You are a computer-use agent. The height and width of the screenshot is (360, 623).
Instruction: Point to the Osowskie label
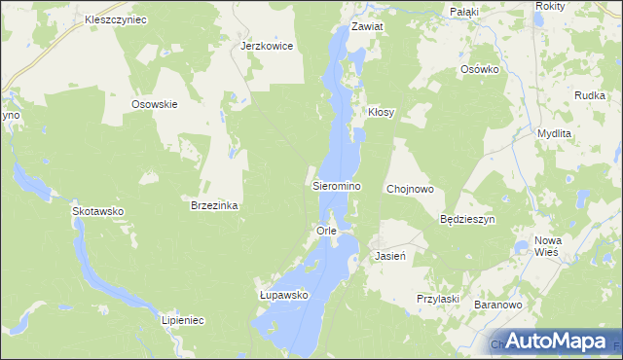click(154, 104)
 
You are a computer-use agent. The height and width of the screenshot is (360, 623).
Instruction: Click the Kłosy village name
click(381, 113)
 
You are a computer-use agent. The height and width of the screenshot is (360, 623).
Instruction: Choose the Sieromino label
click(337, 185)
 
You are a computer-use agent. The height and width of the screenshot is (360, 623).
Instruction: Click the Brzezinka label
click(215, 206)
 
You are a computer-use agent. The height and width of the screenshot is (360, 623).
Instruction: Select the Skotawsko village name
click(98, 210)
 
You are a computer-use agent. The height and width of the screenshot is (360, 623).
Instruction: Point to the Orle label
click(326, 231)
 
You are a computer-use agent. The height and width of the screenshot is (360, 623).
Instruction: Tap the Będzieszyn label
click(468, 220)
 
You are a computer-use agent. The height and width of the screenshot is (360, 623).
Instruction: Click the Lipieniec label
click(181, 319)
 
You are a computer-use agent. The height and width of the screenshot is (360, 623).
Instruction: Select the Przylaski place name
click(437, 299)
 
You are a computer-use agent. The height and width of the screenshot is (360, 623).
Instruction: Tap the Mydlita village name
click(555, 132)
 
